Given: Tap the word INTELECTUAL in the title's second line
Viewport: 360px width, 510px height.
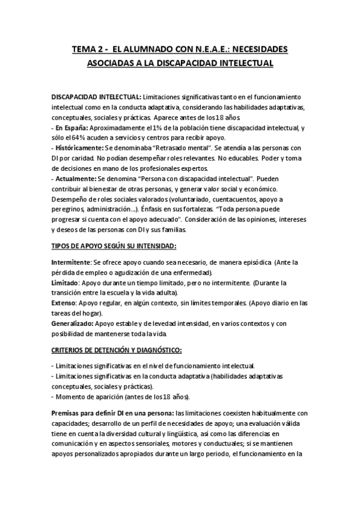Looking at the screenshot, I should [242, 63].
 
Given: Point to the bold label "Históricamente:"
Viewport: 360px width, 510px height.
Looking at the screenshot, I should [79, 147].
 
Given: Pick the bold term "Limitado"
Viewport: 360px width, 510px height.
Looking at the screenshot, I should [66, 265].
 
